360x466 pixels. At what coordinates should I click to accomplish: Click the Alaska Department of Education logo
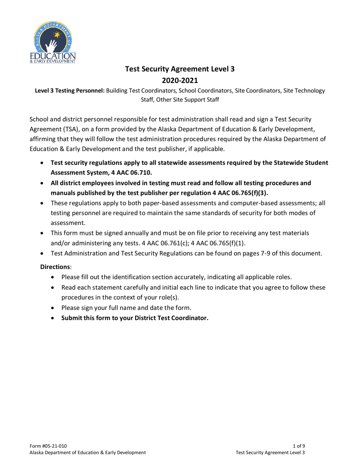(x=53, y=42)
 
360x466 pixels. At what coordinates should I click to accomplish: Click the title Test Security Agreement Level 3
(x=180, y=69)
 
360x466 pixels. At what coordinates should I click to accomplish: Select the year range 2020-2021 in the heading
(x=180, y=80)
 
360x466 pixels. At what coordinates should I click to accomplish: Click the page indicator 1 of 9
(x=299, y=447)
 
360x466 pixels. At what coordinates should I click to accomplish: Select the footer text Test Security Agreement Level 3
(x=270, y=453)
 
